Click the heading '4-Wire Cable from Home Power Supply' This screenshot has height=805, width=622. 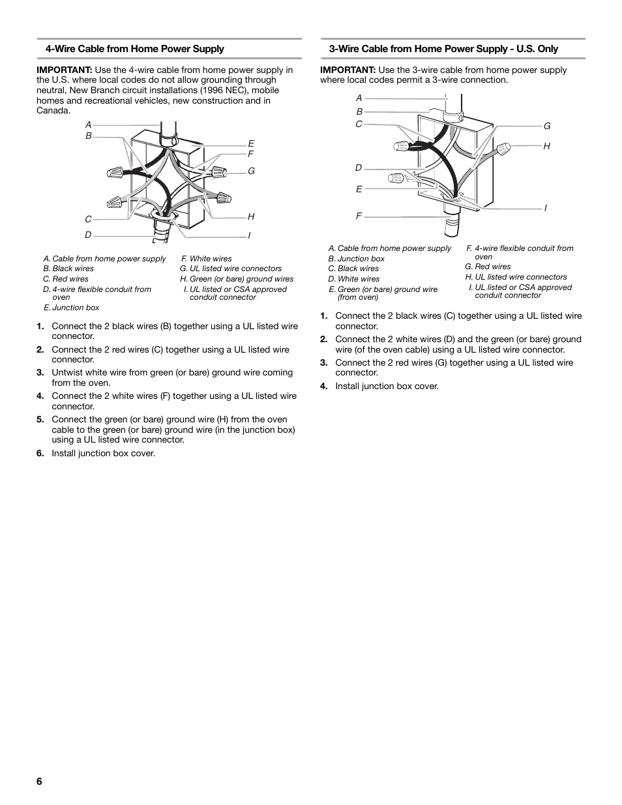click(134, 49)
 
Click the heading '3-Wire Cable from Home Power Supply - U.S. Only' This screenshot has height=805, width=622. click(443, 49)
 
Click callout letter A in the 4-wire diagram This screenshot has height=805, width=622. click(88, 124)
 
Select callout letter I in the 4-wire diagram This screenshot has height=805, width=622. click(249, 235)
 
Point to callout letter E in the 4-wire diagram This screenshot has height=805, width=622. click(250, 143)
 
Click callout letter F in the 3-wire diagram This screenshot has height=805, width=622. click(359, 216)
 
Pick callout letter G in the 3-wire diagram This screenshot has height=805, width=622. click(547, 126)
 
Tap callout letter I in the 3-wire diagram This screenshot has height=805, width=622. click(546, 208)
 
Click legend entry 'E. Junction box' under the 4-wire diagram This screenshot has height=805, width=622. click(72, 308)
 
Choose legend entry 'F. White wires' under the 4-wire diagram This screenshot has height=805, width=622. click(207, 259)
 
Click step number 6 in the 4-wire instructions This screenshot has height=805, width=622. click(40, 454)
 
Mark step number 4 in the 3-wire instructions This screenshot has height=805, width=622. click(323, 387)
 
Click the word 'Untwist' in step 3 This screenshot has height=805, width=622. click(68, 373)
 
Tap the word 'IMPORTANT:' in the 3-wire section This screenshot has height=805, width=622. click(348, 70)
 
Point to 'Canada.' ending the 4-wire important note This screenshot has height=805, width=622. click(53, 111)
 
